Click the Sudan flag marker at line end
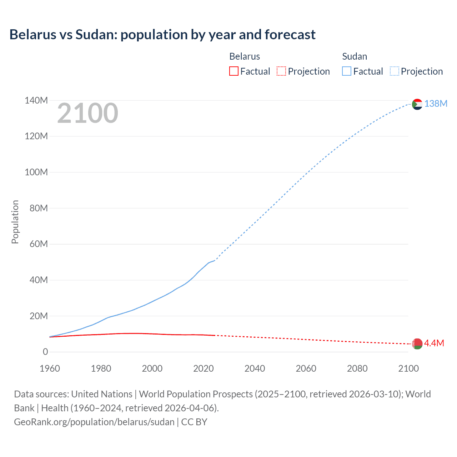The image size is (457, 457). click(x=417, y=104)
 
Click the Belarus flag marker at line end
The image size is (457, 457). click(x=417, y=344)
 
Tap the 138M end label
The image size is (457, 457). click(x=436, y=104)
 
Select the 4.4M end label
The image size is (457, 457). click(x=434, y=343)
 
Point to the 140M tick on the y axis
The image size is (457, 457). click(x=36, y=100)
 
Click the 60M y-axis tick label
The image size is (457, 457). click(x=39, y=244)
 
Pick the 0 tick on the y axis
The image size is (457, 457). click(x=45, y=352)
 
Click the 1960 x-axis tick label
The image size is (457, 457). click(x=50, y=368)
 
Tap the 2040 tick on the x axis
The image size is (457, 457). click(x=255, y=368)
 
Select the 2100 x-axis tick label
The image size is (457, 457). click(x=408, y=368)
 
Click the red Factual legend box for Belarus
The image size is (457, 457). click(x=233, y=71)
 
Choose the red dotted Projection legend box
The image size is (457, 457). click(x=281, y=71)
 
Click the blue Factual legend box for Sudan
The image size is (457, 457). click(x=347, y=71)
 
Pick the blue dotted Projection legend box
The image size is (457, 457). click(x=394, y=71)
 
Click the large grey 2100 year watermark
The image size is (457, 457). click(x=87, y=113)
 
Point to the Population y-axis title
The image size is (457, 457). click(x=15, y=222)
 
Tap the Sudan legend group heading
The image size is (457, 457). click(x=355, y=56)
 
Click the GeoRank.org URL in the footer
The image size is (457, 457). click(x=94, y=422)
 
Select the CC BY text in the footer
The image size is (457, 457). click(x=194, y=422)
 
